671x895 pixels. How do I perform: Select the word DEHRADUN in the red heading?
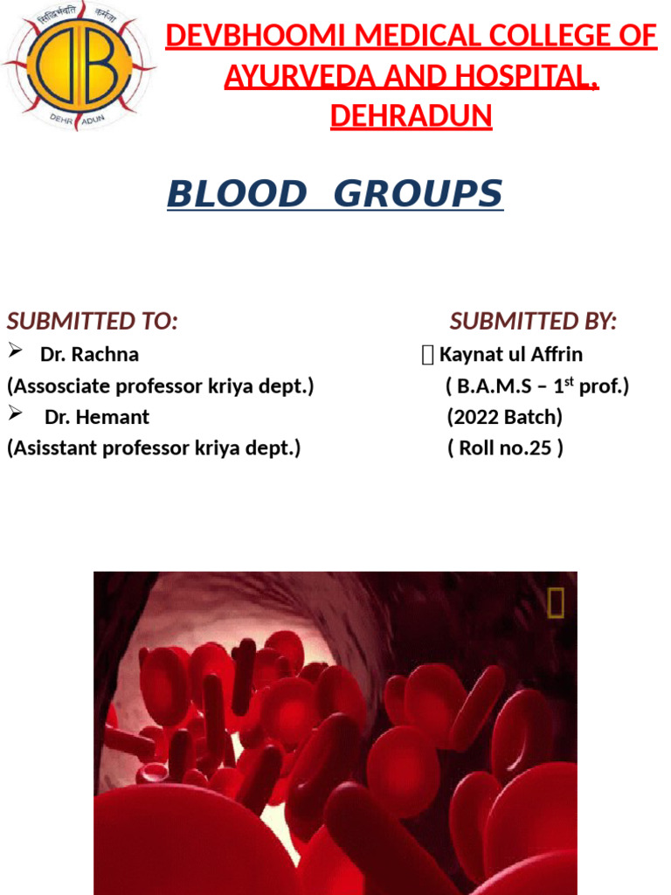[x=411, y=115]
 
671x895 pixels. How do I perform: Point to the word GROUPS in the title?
[x=419, y=194]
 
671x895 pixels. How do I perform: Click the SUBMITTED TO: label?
[x=93, y=322]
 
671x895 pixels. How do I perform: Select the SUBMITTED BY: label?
[x=533, y=322]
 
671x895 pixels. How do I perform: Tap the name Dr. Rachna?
[x=89, y=355]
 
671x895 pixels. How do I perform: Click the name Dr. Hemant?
[x=97, y=417]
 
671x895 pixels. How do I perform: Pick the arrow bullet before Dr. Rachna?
[x=14, y=352]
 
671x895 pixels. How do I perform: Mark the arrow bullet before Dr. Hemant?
[x=14, y=414]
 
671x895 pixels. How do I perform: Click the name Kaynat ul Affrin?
[x=511, y=355]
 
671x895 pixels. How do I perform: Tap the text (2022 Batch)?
[x=504, y=417]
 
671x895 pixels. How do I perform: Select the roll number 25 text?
[x=505, y=448]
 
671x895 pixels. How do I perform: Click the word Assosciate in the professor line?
[x=59, y=386]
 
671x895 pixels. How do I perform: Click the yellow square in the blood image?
[x=556, y=603]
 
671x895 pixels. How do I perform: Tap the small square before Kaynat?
[x=426, y=355]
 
